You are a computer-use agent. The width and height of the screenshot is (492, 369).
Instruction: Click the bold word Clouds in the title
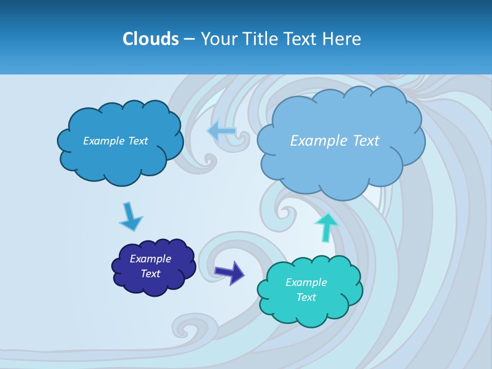[x=150, y=39]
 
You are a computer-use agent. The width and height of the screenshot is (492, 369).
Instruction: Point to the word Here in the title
[x=342, y=39]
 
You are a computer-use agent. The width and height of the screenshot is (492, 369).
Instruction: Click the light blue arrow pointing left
[x=222, y=131]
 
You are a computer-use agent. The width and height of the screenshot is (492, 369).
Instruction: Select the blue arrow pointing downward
[x=130, y=217]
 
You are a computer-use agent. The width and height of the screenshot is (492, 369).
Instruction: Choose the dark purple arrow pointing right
[x=230, y=272]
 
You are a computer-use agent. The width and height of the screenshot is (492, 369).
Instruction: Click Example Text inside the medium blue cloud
[x=115, y=141]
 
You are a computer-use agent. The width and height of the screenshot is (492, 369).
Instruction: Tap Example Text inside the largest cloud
[x=335, y=140]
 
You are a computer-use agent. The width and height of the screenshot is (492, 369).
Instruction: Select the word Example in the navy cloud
[x=150, y=259]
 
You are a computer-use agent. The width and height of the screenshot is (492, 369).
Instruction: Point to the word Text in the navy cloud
[x=151, y=274]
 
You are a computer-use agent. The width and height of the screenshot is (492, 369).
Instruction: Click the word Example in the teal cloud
[x=306, y=282]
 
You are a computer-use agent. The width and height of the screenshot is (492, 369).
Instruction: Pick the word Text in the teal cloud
[x=306, y=297]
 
